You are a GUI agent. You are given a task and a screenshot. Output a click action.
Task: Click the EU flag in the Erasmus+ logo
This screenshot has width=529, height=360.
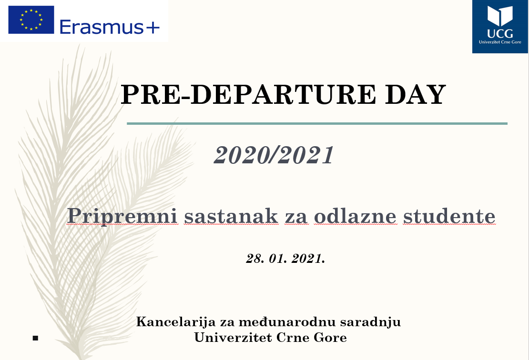tap(31, 20)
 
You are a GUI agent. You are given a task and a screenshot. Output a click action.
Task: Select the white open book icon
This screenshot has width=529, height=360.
tap(499, 16)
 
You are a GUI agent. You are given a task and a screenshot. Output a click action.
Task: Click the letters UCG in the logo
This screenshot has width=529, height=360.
tap(500, 33)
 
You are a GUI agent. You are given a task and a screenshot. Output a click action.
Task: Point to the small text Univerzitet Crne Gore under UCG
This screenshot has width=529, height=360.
tap(500, 42)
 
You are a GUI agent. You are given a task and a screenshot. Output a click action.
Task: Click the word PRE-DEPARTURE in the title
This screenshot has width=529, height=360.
tap(248, 94)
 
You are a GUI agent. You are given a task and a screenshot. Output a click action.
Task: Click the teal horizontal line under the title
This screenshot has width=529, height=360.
tap(317, 124)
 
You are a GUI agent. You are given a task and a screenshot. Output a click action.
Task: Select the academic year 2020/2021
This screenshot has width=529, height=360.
tap(274, 155)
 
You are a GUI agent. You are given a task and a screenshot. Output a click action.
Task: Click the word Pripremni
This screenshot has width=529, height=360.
tap(122, 216)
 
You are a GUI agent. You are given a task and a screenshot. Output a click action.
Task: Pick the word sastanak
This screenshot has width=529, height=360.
tap(231, 216)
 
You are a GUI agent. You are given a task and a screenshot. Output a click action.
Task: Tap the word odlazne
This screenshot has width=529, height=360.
tap(355, 216)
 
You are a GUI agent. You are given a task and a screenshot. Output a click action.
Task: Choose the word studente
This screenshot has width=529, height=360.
tap(449, 216)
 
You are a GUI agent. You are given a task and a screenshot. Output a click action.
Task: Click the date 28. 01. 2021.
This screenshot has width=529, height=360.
tap(285, 259)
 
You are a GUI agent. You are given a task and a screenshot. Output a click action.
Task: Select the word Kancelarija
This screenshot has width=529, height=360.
tap(176, 321)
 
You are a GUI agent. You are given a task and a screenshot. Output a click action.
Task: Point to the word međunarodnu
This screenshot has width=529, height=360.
tap(287, 321)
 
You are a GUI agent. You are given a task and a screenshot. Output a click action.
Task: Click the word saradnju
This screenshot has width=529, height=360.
tap(370, 321)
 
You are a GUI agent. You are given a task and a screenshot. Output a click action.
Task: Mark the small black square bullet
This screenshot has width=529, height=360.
tap(35, 338)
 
